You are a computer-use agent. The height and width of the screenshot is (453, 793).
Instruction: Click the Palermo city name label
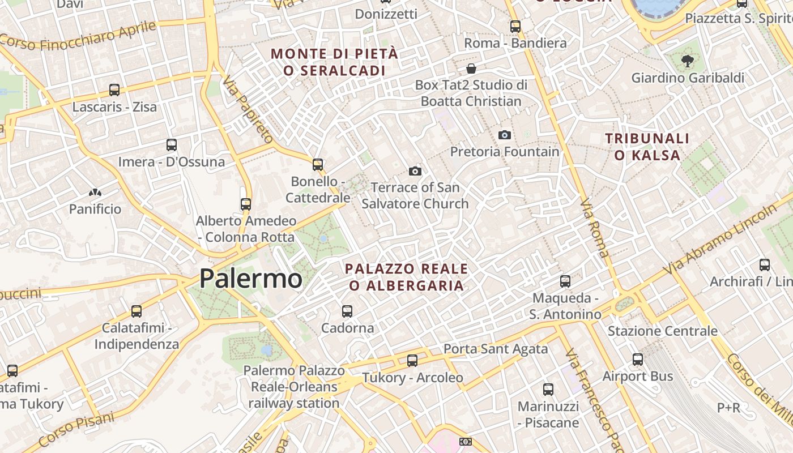pyautogui.click(x=250, y=279)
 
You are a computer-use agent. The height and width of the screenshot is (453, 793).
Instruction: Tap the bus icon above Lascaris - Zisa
pyautogui.click(x=114, y=89)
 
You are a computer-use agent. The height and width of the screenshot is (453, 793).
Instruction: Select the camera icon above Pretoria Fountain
pyautogui.click(x=504, y=135)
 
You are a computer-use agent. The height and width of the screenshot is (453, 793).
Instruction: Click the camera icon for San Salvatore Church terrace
pyautogui.click(x=415, y=171)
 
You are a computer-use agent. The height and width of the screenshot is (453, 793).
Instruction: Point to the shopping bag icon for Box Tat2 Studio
pyautogui.click(x=471, y=69)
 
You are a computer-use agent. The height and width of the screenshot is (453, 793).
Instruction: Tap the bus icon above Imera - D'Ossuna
pyautogui.click(x=172, y=144)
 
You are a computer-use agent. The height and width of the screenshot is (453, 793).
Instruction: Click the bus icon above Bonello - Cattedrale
pyautogui.click(x=318, y=164)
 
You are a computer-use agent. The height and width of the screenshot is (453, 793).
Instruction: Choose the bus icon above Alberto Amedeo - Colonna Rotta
pyautogui.click(x=246, y=204)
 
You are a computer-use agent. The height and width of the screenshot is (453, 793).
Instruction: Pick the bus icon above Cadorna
pyautogui.click(x=347, y=311)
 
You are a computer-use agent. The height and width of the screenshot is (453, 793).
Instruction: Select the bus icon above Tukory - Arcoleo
pyautogui.click(x=412, y=360)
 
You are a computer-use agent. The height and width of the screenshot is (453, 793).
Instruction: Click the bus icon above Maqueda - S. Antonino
pyautogui.click(x=565, y=281)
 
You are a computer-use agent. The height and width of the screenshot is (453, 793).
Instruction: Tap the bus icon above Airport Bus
pyautogui.click(x=638, y=359)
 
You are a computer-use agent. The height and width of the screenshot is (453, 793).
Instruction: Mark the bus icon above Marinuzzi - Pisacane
pyautogui.click(x=548, y=389)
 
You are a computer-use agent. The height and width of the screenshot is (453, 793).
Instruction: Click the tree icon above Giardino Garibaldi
pyautogui.click(x=688, y=61)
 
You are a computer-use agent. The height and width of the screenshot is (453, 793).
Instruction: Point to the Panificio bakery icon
pyautogui.click(x=95, y=193)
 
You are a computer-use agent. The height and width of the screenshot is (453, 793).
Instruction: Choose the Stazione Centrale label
pyautogui.click(x=662, y=331)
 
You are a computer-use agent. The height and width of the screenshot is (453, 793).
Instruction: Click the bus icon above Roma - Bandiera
pyautogui.click(x=515, y=26)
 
